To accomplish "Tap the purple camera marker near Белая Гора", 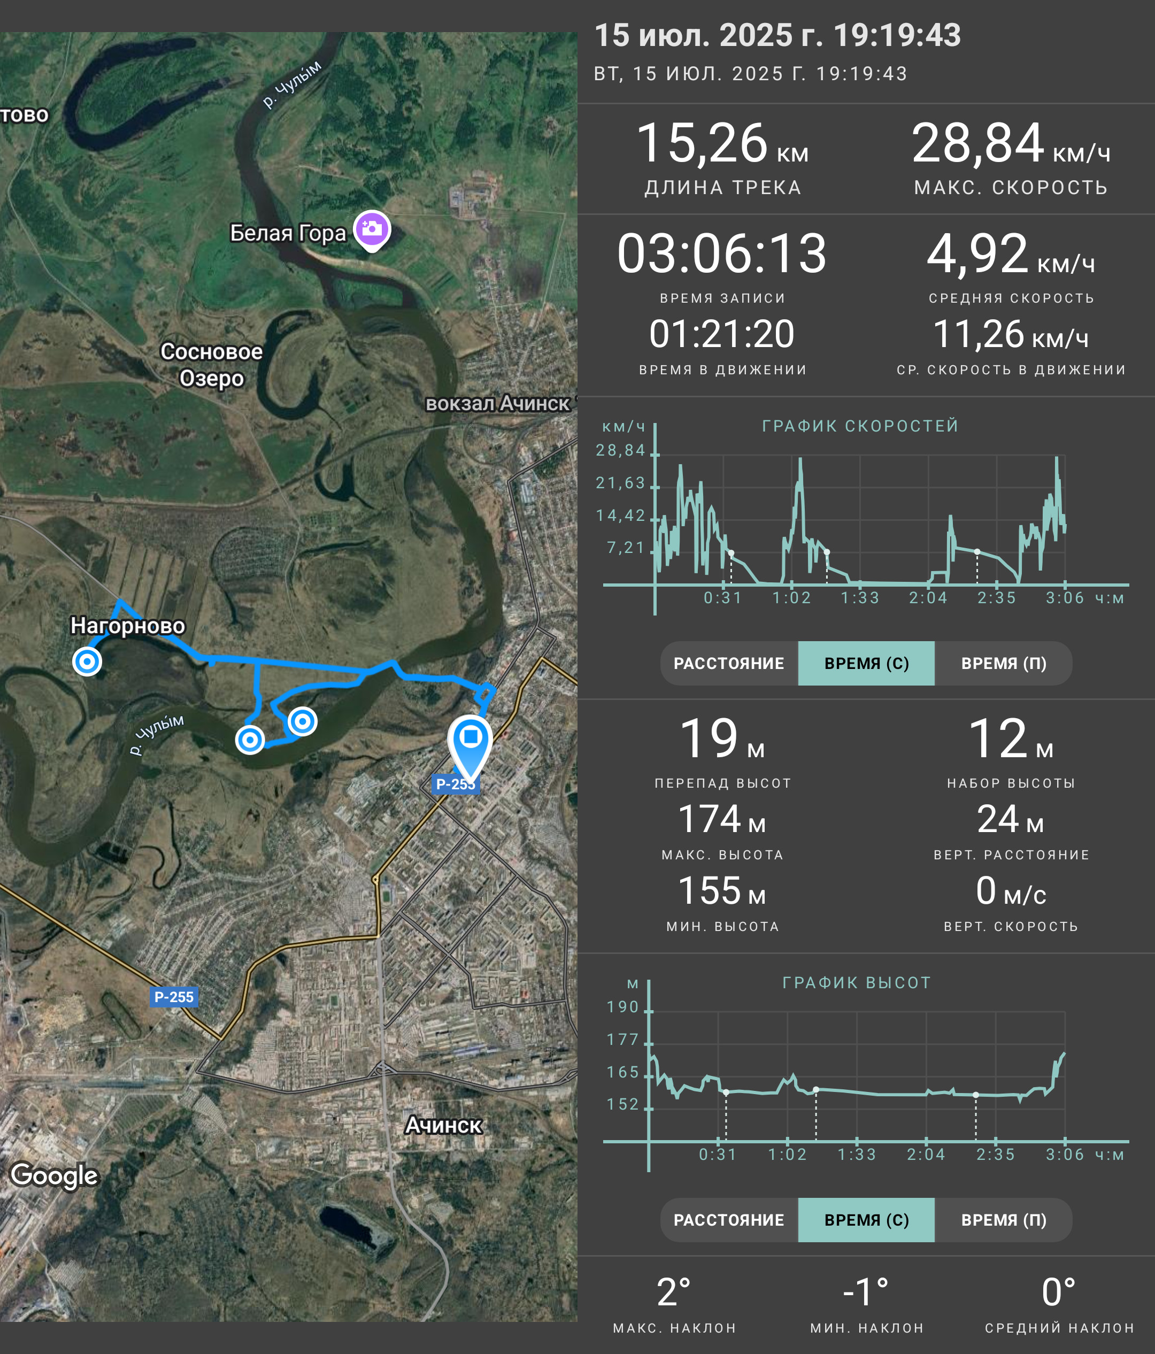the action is tap(372, 230).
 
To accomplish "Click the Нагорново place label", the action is tap(127, 625).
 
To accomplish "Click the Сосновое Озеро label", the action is tap(212, 365).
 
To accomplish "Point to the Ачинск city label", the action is tap(444, 1125).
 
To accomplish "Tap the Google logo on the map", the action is tap(54, 1175).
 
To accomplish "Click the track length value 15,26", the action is tap(702, 143).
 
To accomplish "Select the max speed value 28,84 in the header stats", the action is tap(978, 143).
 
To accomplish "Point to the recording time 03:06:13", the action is tap(722, 253).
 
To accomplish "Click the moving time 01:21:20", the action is tap(722, 334).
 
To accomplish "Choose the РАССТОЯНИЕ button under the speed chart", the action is tap(729, 663).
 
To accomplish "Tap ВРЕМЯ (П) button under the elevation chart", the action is tap(1004, 1220).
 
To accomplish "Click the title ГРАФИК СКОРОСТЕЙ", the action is tap(860, 426).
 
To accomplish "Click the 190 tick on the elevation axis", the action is tap(622, 1007).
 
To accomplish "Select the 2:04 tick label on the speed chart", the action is tap(928, 598).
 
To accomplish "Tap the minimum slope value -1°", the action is tap(866, 1293).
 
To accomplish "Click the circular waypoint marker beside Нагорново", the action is tap(87, 661).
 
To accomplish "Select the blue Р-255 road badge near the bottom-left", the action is tap(174, 997).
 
